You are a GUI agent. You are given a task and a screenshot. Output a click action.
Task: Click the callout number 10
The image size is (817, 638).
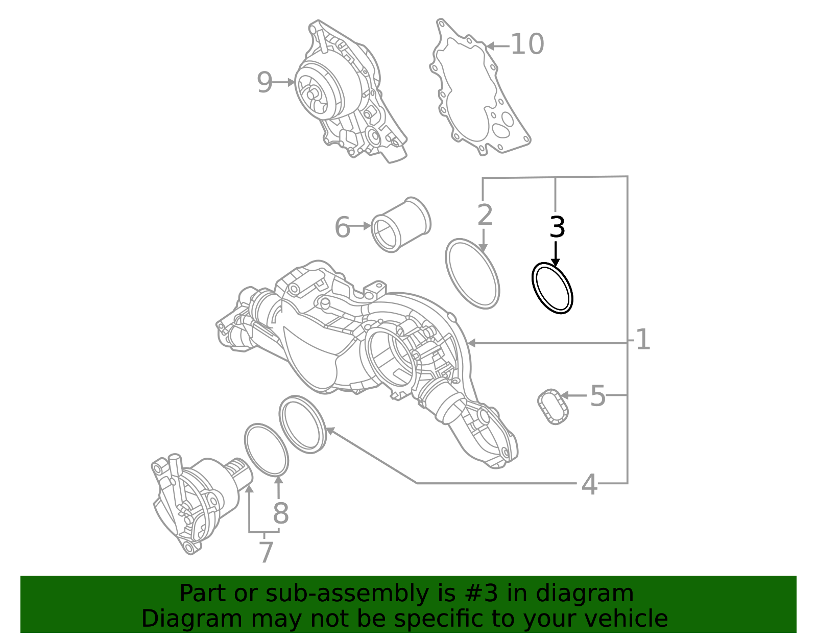pyautogui.click(x=527, y=44)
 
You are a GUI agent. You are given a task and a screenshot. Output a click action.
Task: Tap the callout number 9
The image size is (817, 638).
pyautogui.click(x=265, y=82)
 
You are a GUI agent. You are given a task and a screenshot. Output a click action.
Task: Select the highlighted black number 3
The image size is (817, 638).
pyautogui.click(x=557, y=227)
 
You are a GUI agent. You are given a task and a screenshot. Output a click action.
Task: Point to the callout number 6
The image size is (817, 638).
pyautogui.click(x=342, y=227)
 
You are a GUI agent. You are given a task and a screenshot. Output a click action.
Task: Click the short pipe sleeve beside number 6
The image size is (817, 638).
pyautogui.click(x=401, y=225)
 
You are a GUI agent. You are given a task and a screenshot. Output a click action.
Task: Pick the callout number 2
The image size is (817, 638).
pyautogui.click(x=485, y=215)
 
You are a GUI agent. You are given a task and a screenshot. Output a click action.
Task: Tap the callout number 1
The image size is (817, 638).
pyautogui.click(x=642, y=340)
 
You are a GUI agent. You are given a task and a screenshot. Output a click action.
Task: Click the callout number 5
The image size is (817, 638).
pyautogui.click(x=597, y=396)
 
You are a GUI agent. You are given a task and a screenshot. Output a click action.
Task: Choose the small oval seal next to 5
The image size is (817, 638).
pyautogui.click(x=552, y=406)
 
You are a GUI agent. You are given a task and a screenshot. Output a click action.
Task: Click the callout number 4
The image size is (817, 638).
pyautogui.click(x=589, y=484)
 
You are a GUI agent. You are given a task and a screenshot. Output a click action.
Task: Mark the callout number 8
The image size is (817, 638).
pyautogui.click(x=280, y=513)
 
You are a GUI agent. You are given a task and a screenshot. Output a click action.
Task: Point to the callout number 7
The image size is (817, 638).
pyautogui.click(x=266, y=552)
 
